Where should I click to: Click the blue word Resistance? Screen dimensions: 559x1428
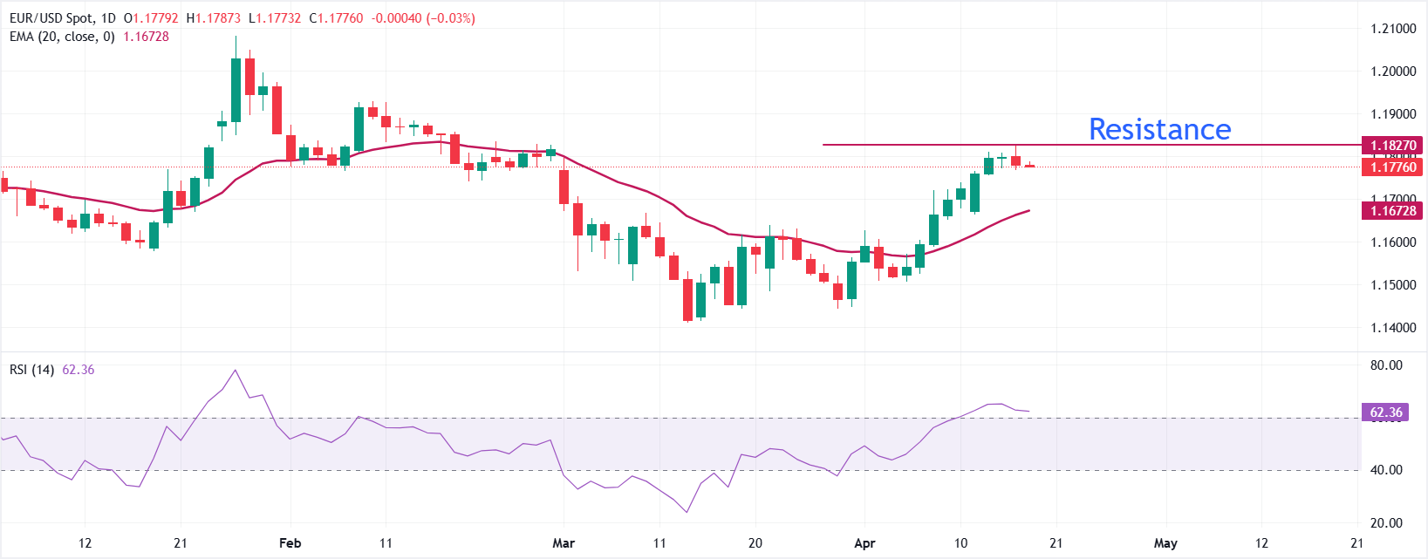point(1159,129)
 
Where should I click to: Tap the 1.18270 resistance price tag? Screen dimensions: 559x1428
point(1392,146)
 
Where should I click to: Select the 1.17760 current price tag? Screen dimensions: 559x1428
point(1392,167)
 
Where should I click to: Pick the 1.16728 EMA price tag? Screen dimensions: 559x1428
point(1392,210)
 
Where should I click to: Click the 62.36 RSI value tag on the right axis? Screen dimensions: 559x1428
point(1385,412)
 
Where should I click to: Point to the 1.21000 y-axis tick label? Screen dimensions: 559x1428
point(1393,29)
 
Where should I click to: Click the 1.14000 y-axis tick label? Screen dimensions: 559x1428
point(1393,328)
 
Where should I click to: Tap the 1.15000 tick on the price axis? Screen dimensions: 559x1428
point(1393,285)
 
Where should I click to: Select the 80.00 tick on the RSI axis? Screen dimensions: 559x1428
point(1386,365)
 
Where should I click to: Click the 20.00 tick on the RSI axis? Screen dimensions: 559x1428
point(1386,523)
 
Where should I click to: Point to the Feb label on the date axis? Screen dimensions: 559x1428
point(290,543)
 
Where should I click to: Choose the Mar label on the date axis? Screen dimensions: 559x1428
point(564,543)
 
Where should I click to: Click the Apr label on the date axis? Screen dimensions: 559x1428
point(864,543)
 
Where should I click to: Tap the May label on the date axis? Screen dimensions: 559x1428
point(1165,543)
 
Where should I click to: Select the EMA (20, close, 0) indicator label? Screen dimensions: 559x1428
point(62,37)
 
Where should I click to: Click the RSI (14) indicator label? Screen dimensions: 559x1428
point(31,370)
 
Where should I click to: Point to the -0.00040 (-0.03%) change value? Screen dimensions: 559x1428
point(423,18)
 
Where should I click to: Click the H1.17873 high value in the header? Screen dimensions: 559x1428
point(213,18)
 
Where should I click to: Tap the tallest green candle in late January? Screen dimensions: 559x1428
point(236,90)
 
